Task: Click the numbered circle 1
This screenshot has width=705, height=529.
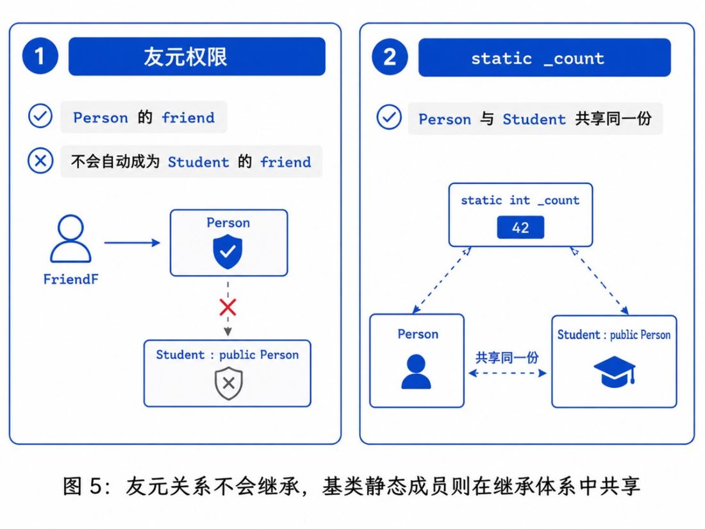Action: (40, 56)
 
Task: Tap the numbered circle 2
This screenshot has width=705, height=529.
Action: (390, 57)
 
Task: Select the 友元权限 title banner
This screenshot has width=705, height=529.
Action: (197, 56)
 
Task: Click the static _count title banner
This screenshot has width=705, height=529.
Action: (544, 58)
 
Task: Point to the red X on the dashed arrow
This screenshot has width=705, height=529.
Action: (228, 308)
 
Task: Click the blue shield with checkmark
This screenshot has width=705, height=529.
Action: (228, 253)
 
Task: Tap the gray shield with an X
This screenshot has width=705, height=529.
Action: (228, 383)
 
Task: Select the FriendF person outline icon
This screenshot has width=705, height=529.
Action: (70, 239)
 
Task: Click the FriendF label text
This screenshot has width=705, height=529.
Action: (70, 280)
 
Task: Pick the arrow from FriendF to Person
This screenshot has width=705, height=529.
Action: (132, 243)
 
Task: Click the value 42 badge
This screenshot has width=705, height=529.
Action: (520, 228)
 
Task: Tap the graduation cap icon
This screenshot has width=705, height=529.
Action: (614, 371)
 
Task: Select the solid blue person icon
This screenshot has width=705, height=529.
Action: (416, 371)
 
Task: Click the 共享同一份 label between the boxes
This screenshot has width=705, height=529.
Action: (507, 358)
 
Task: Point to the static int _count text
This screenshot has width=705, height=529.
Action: (520, 200)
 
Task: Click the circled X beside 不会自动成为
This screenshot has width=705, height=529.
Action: (40, 160)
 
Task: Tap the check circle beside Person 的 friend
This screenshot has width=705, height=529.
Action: (40, 115)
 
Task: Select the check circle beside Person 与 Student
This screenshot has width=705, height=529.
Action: (389, 117)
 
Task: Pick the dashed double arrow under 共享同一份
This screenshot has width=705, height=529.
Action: (507, 373)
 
